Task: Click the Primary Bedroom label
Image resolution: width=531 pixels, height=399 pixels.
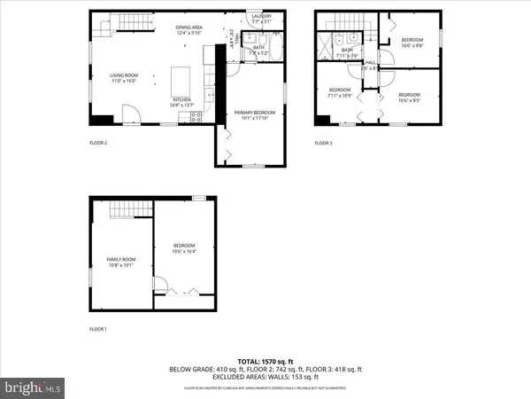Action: [254, 114]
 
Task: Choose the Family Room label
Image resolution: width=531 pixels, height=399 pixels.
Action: [119, 261]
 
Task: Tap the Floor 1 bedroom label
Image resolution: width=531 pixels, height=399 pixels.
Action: [183, 248]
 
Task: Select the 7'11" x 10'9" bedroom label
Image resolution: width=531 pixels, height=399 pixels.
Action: [341, 92]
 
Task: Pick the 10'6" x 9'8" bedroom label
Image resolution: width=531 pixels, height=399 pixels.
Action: [412, 43]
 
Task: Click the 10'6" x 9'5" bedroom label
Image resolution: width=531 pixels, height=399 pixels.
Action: [409, 97]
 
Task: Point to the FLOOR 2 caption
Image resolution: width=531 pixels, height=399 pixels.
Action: [98, 143]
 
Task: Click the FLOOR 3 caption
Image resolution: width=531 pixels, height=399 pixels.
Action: [325, 143]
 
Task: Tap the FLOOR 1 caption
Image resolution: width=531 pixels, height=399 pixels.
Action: [98, 329]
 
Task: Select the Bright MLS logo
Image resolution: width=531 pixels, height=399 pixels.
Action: [34, 387]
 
